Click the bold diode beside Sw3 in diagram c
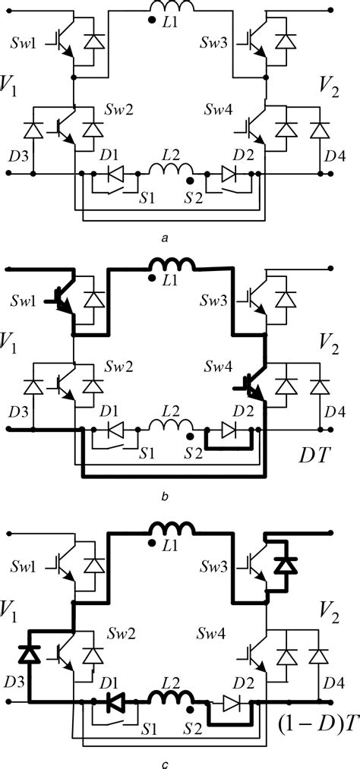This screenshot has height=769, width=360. pos(286,565)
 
